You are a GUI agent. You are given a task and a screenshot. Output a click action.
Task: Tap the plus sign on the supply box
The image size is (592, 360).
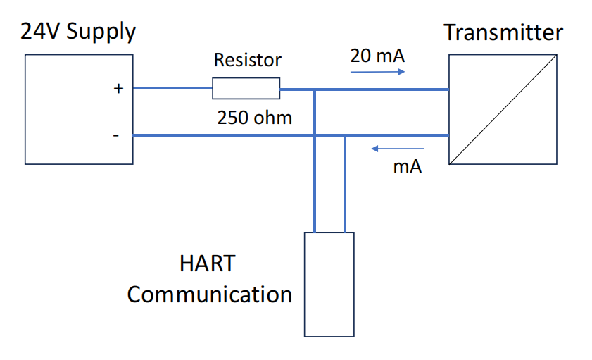(118, 89)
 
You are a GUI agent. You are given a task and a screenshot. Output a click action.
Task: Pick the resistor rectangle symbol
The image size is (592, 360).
(246, 89)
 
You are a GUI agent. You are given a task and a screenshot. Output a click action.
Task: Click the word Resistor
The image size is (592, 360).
(247, 60)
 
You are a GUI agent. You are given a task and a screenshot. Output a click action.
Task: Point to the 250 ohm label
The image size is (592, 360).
(254, 117)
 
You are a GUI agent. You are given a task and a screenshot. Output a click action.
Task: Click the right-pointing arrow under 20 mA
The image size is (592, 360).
(379, 73)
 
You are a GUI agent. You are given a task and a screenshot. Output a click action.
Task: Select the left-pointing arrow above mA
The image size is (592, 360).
(398, 149)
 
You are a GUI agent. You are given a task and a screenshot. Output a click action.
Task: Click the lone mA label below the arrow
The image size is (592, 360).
(407, 168)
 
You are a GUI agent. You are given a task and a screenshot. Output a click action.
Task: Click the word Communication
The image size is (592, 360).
(210, 294)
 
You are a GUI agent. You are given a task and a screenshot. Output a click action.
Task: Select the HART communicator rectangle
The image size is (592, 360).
(328, 284)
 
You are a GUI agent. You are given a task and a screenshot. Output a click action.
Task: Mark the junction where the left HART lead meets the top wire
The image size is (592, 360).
(315, 89)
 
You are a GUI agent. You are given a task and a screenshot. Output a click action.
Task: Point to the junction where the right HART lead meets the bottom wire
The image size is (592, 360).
(345, 135)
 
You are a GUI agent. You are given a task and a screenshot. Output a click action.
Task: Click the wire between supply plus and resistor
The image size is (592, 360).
(172, 89)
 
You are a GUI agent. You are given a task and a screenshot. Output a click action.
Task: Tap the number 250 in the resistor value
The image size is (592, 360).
(232, 117)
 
